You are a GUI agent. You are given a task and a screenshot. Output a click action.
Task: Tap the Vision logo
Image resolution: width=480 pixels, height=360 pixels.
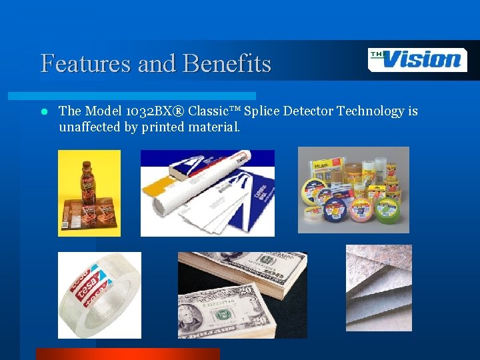[417, 60]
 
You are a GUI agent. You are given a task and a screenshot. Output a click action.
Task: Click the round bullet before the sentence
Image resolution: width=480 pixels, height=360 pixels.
[43, 112]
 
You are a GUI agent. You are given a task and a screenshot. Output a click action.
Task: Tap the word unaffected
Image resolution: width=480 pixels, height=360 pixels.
[90, 127]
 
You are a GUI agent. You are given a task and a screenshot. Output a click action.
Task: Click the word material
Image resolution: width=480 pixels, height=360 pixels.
[215, 127]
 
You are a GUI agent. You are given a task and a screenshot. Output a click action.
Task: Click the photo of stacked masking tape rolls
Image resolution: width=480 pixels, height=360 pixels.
[353, 190]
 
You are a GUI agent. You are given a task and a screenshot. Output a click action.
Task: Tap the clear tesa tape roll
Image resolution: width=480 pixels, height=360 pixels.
[99, 293]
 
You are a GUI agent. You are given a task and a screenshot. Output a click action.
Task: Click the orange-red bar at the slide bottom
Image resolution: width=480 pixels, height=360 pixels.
[127, 354]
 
